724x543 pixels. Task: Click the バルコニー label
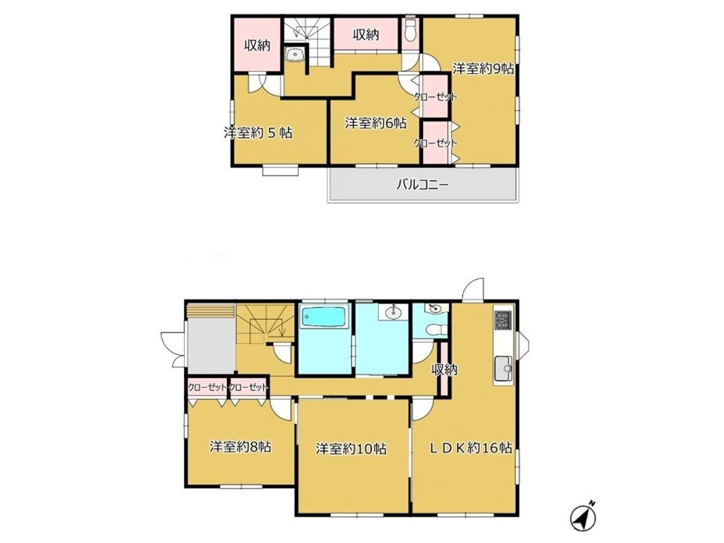(x=422, y=186)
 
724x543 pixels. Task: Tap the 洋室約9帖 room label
(x=483, y=69)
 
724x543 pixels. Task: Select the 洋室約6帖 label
(x=376, y=123)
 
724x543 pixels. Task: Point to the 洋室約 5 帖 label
(x=258, y=133)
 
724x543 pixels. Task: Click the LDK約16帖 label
(x=471, y=447)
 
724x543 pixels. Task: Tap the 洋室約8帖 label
(x=240, y=447)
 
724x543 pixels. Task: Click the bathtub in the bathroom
(x=324, y=318)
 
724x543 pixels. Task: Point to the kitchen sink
(x=504, y=368)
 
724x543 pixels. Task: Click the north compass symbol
(x=583, y=516)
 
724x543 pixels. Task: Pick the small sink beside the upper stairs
(x=294, y=54)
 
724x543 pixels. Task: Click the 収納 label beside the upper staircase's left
(x=257, y=45)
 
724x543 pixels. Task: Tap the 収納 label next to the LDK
(x=444, y=370)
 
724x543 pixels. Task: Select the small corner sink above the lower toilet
(x=435, y=308)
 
